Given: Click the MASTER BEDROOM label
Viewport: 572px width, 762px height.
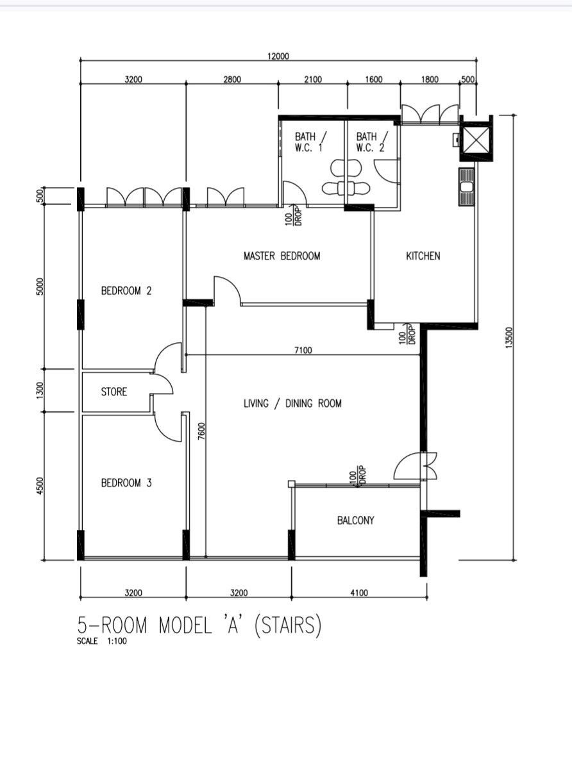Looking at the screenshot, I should (x=282, y=256).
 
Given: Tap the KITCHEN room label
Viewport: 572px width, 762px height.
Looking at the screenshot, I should (x=423, y=256).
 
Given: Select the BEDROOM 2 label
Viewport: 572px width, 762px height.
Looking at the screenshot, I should (x=126, y=291).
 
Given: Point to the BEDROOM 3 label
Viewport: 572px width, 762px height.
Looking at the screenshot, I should (x=126, y=483).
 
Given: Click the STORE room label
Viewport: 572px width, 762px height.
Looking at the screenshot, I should (x=114, y=392).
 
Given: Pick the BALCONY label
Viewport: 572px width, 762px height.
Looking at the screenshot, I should (x=355, y=521).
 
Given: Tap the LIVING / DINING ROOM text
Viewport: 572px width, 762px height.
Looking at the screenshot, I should (x=292, y=404).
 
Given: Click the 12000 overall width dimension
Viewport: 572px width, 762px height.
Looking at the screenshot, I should (x=278, y=56).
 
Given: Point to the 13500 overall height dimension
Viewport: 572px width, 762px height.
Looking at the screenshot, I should (x=510, y=338).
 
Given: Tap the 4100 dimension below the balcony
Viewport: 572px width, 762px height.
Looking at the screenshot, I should (x=359, y=593).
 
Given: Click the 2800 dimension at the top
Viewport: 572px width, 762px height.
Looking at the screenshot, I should (x=232, y=79).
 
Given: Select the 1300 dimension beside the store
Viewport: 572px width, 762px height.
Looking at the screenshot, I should (x=40, y=391).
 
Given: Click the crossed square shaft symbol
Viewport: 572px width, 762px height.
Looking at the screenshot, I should (x=476, y=139).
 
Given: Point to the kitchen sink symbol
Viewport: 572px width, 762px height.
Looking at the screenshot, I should (x=466, y=187).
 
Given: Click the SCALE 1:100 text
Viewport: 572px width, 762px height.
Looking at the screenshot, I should (x=101, y=641).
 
